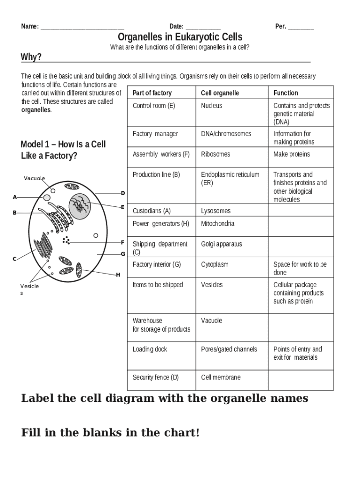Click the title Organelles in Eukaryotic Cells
180,37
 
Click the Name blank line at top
82,28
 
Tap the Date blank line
202,28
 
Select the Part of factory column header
152,93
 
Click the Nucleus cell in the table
212,106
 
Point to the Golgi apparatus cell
221,244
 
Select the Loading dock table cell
150,349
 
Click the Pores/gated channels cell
229,349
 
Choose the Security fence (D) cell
156,377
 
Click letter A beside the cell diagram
15,197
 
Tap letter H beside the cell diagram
118,275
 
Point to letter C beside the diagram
14,259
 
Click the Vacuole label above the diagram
35,178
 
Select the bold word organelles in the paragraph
36,110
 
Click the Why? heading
31,57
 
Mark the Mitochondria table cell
217,224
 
